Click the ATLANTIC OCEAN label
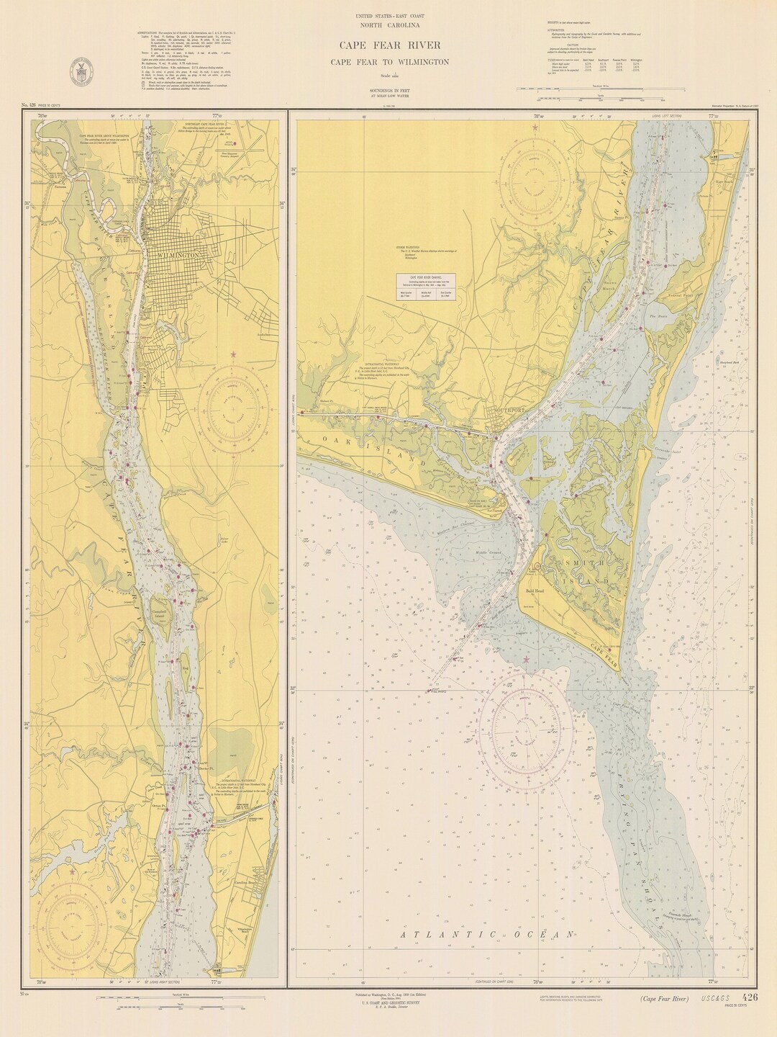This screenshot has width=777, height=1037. coord(486,934)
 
